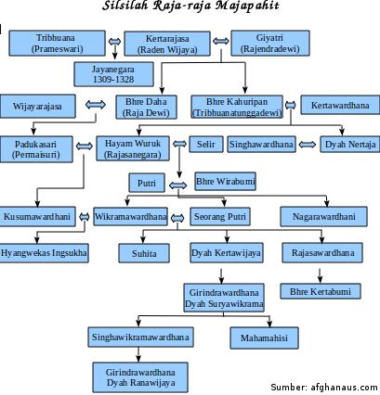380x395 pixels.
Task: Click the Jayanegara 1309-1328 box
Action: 113,74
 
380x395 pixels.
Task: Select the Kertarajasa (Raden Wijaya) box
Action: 167,44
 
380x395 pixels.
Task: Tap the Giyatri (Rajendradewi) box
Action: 270,43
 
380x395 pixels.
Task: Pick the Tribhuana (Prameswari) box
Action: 57,43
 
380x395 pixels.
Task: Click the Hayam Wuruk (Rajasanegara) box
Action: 133,148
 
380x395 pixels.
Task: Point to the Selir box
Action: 206,145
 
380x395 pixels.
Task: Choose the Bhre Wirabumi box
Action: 226,181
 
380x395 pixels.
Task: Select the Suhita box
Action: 144,253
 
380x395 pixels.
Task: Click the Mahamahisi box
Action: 264,338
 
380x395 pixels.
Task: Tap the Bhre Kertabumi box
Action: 321,291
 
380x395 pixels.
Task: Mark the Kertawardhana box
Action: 340,105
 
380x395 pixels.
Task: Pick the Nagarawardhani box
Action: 323,216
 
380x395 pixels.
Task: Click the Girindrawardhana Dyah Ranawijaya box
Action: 140,377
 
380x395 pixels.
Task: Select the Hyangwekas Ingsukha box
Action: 44,253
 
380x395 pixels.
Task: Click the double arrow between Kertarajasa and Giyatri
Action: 221,41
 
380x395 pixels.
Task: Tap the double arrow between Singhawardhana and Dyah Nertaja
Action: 308,145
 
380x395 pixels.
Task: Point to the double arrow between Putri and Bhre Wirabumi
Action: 178,185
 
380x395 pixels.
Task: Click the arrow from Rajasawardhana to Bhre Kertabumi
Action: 320,275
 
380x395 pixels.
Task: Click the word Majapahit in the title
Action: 247,6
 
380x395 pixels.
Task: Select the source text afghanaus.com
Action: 344,387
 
